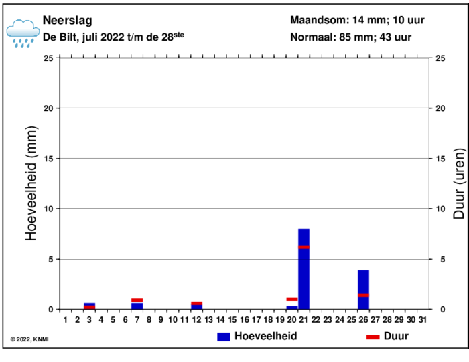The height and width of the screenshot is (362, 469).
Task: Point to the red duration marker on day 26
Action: pos(363,295)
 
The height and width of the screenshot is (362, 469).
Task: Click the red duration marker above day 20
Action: pos(292,299)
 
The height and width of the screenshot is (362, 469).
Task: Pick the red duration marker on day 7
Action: pos(137,300)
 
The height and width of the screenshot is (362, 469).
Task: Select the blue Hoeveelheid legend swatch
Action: pos(224,337)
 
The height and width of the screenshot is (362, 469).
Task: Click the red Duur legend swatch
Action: pos(373,337)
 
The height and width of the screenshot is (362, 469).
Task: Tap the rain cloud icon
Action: pos(22,32)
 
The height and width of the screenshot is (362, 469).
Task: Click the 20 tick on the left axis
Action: pos(49,108)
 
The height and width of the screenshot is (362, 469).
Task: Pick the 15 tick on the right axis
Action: pos(440,159)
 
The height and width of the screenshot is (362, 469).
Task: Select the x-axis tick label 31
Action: pos(422,320)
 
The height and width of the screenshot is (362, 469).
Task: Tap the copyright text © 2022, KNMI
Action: pos(29,339)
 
